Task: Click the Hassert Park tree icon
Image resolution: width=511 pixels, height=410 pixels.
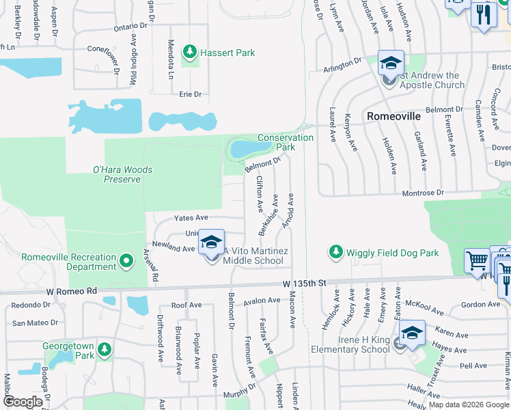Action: [x=189, y=52]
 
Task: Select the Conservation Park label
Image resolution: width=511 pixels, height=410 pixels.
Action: [x=286, y=142]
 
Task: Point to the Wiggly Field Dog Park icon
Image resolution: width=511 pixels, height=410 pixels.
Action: [x=335, y=253]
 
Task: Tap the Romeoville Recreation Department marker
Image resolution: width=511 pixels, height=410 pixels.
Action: [x=126, y=261]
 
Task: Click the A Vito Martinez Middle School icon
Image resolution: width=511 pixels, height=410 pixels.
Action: [x=212, y=243]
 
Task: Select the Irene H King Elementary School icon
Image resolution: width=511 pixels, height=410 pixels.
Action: [x=413, y=333]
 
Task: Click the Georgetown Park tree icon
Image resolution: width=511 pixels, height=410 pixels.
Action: [x=105, y=351]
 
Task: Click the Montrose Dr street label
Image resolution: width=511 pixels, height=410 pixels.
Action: [x=424, y=193]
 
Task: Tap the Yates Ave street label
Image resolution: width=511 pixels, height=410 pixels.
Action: [x=191, y=217]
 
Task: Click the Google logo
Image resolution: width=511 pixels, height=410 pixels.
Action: [x=23, y=402]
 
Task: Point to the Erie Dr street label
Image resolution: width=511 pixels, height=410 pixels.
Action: [x=191, y=94]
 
